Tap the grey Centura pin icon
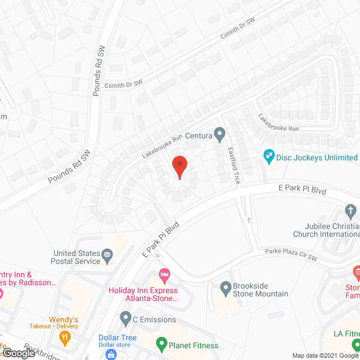220,134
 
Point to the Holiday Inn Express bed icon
164,276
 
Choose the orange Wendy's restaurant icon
65,337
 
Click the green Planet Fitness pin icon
161,342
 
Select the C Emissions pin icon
125,319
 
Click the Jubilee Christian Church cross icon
349,213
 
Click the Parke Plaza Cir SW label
287,254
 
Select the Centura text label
199,136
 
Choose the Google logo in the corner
19,353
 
